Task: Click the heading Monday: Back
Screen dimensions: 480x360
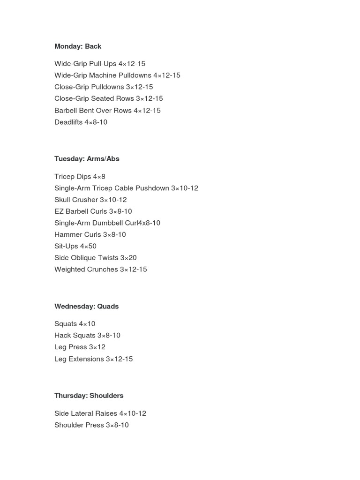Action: tap(78, 46)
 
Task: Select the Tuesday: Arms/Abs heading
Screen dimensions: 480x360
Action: tap(87, 159)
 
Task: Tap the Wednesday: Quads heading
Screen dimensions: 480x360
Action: tap(86, 307)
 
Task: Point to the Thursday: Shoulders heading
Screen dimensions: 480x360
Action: tap(89, 396)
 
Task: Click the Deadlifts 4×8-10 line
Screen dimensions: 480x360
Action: tap(81, 122)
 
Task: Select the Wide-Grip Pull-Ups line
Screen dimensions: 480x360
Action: tap(100, 64)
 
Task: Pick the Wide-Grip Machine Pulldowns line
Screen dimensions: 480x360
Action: tap(117, 75)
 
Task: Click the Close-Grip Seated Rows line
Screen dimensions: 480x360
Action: tap(109, 99)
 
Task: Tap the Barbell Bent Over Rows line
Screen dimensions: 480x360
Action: tap(107, 111)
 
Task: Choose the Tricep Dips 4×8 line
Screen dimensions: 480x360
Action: tap(80, 177)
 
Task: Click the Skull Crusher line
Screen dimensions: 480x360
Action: tap(90, 200)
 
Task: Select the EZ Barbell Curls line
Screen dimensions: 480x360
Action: tap(93, 211)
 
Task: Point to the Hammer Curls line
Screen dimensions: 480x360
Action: tap(90, 235)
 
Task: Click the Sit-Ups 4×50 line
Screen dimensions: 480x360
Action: tap(75, 246)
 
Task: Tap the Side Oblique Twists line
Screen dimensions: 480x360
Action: tap(96, 258)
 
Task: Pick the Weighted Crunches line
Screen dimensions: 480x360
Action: tap(101, 270)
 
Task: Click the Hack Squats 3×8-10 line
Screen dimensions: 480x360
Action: tap(87, 336)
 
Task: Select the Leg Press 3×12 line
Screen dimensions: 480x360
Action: tap(80, 347)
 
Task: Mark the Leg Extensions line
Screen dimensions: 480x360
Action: tap(94, 359)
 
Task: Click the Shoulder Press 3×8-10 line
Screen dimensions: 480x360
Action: tap(91, 425)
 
